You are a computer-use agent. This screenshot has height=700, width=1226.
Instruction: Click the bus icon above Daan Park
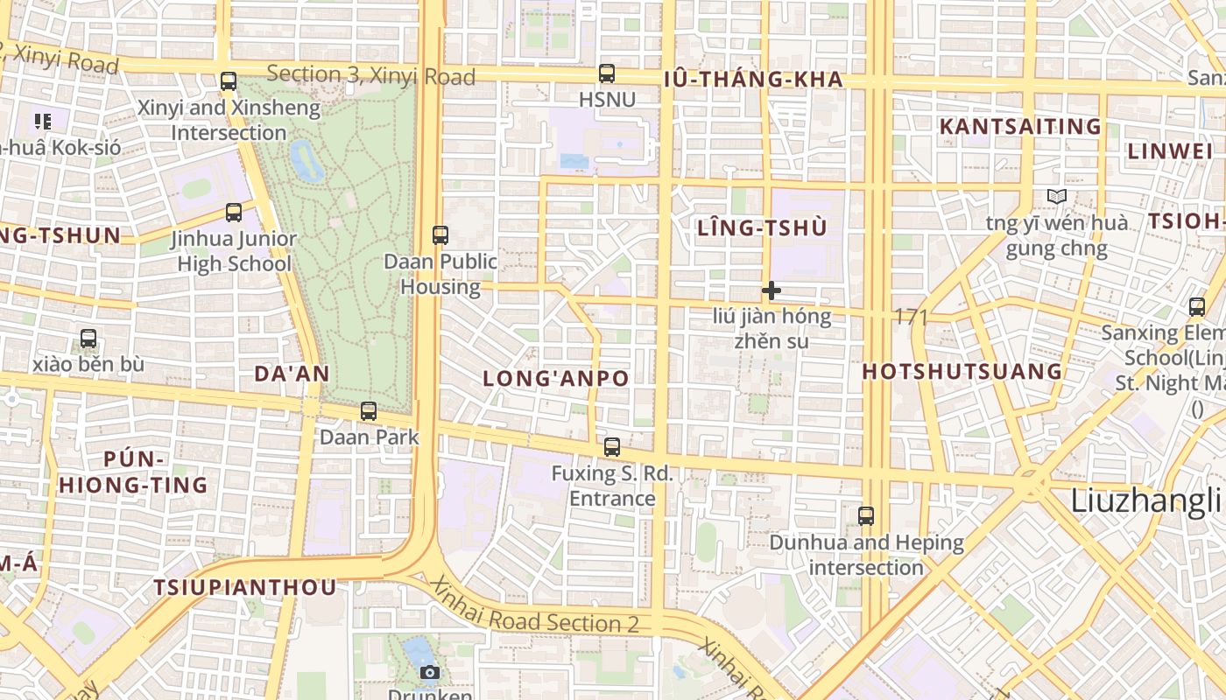point(369,410)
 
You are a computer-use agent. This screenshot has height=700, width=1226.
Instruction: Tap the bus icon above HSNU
point(606,73)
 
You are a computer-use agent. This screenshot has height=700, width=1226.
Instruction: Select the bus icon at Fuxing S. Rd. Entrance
point(611,446)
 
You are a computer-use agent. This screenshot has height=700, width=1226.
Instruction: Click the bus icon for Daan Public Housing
point(440,234)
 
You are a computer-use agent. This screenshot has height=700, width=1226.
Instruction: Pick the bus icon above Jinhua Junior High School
point(234,212)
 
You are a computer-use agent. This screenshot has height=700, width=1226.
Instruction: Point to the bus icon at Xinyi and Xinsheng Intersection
point(229,81)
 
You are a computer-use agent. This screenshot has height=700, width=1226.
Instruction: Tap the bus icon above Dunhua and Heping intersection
point(866,515)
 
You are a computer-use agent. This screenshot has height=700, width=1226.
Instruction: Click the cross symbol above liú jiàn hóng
point(771,290)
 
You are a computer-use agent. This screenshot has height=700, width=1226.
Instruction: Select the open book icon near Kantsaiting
point(1057,197)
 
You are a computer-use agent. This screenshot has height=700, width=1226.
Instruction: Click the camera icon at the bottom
point(429,672)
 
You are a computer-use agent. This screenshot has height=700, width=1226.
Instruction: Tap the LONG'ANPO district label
point(556,379)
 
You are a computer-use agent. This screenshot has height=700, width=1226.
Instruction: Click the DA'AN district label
point(292,374)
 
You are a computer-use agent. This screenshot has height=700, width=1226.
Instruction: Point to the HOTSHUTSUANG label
point(962,371)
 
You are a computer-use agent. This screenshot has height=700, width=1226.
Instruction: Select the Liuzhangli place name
point(1145,500)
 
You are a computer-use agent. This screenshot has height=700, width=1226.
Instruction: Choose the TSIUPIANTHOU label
point(245,587)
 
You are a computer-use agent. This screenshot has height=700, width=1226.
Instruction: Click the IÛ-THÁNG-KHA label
point(753,80)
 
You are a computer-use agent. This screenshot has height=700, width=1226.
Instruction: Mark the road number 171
point(912,317)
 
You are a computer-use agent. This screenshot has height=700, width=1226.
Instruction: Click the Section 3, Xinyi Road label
point(370,75)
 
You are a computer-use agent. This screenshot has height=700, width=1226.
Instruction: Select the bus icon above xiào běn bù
point(88,339)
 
